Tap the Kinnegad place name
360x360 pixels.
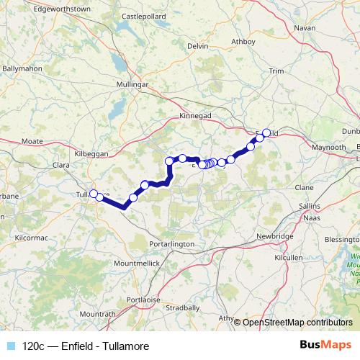pos(194,115)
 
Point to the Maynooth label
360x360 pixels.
pos(308,146)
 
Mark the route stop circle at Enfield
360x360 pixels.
pos(266,132)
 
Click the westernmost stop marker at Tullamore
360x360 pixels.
pos(93,193)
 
